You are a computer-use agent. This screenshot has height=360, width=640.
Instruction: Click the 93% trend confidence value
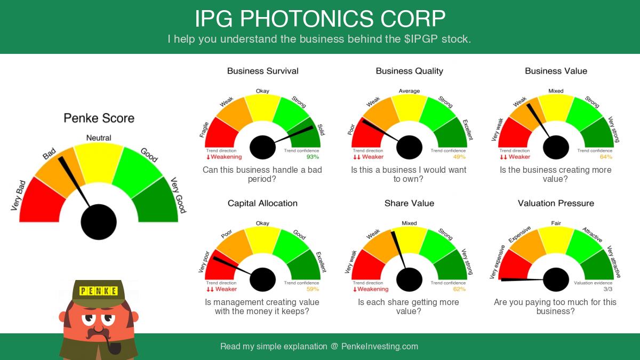(313, 157)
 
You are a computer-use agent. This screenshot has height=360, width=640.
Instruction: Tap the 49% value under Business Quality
(459, 157)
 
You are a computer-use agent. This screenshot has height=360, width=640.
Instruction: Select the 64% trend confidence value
(606, 157)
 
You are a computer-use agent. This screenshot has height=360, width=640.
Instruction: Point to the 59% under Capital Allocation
(313, 289)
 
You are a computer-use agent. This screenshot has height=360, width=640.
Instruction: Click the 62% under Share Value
(459, 289)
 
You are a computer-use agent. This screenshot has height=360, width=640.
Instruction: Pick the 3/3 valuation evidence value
(608, 289)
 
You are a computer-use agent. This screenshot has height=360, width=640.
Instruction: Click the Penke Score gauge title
(99, 118)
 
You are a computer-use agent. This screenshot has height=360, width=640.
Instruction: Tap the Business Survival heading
(262, 71)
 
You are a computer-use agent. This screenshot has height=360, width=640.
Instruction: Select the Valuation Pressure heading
(556, 203)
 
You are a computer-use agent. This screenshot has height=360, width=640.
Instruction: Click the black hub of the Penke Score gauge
(99, 222)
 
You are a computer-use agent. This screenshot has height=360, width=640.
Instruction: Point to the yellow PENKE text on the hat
(98, 291)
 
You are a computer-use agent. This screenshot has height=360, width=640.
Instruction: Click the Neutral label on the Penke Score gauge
(99, 138)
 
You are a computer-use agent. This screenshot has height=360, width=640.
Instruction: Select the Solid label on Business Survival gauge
(321, 130)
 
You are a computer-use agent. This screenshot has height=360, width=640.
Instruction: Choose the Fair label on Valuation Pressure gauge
(556, 223)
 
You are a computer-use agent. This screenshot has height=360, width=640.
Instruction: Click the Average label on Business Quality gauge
(409, 91)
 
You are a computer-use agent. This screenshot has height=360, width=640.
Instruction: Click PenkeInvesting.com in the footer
(379, 347)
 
